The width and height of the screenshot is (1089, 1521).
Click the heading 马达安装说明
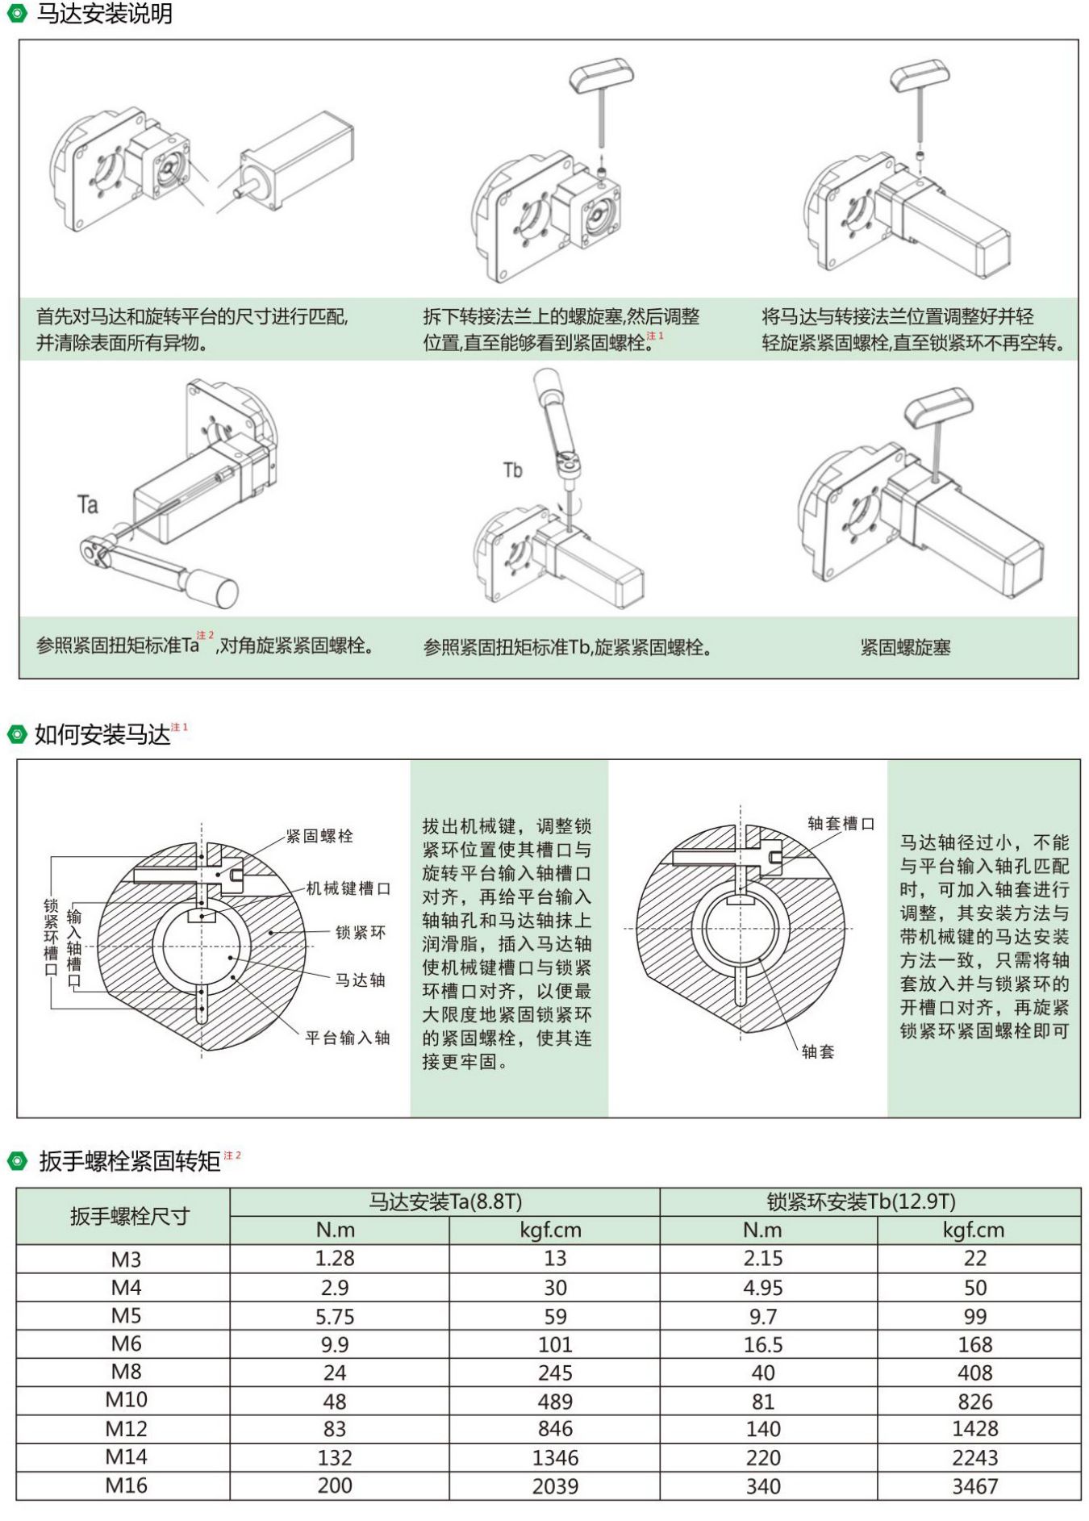point(104,14)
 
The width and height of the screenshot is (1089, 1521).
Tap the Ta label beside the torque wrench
point(88,505)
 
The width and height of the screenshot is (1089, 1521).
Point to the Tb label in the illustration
point(512,470)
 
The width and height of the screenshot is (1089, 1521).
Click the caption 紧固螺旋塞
point(905,647)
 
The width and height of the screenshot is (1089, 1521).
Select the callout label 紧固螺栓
point(319,836)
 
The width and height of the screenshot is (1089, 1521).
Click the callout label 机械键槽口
point(348,888)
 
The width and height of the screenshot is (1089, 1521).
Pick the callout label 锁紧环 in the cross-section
point(361,933)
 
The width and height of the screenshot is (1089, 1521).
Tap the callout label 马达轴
point(361,980)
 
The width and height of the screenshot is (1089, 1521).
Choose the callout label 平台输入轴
point(348,1038)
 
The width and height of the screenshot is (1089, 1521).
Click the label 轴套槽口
point(841,824)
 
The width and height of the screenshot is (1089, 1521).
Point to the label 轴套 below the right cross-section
point(818,1051)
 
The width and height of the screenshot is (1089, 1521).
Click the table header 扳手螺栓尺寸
point(129,1216)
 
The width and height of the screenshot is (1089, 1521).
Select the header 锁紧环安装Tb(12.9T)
point(861,1202)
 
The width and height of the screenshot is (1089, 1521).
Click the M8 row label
point(127,1372)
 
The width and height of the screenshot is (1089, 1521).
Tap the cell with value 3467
point(974,1486)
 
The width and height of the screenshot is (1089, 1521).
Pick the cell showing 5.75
point(335,1317)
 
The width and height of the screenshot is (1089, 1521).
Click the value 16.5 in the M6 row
point(763,1345)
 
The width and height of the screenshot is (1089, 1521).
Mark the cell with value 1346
point(555,1458)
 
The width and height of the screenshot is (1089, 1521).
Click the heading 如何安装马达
point(102,734)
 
